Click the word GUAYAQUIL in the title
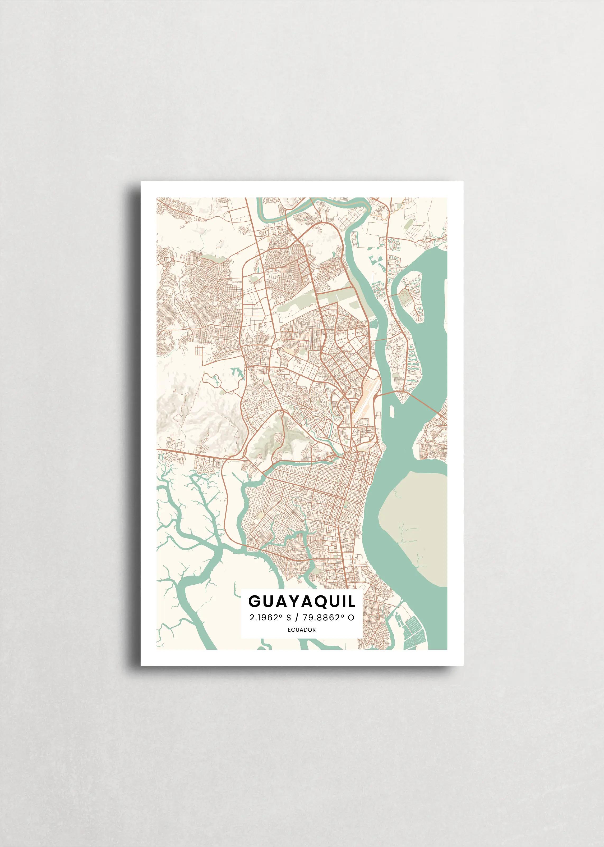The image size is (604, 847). click(x=302, y=601)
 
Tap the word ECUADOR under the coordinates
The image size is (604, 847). click(x=302, y=630)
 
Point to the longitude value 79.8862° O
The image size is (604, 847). click(x=328, y=618)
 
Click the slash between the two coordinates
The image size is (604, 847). click(x=296, y=618)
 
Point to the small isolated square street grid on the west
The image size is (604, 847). click(x=200, y=350)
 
